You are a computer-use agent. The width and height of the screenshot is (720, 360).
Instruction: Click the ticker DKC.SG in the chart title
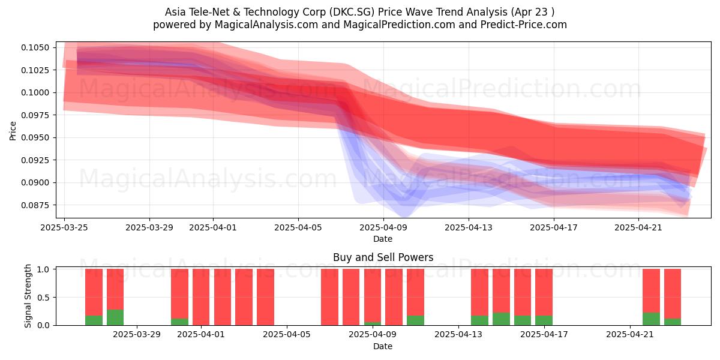[x=352, y=12]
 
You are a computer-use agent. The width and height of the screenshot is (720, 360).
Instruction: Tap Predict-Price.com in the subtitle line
[x=524, y=25]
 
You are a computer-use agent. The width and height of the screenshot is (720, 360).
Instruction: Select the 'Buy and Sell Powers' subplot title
[x=383, y=257]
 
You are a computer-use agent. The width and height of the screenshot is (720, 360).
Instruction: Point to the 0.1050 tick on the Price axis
[x=35, y=47]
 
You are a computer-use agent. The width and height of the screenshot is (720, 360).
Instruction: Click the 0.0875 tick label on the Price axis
[x=35, y=205]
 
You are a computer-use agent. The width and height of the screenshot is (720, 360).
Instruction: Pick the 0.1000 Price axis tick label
[x=35, y=92]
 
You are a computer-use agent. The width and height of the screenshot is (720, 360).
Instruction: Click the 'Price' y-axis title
[x=13, y=131]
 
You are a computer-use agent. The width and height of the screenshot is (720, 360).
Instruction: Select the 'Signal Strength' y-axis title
[x=28, y=296]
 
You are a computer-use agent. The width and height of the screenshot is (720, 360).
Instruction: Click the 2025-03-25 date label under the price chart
[x=64, y=227]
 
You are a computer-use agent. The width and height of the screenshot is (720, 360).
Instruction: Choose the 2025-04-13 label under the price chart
[x=469, y=227]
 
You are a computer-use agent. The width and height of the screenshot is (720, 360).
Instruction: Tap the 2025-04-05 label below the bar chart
[x=287, y=335]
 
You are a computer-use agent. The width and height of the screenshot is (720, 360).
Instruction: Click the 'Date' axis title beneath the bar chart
[x=383, y=346]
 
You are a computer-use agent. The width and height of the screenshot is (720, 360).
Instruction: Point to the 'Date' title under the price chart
[x=383, y=239]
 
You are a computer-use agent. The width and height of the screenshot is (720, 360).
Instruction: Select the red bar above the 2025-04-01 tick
[x=201, y=297]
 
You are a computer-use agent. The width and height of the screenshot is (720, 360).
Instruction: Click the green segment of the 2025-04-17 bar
[x=544, y=320]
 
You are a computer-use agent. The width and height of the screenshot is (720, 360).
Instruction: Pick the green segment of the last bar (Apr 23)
[x=673, y=322]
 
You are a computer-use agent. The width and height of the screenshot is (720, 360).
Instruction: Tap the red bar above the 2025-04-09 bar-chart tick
[x=373, y=295]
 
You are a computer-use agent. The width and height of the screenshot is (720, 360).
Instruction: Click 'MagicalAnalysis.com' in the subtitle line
[x=266, y=25]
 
